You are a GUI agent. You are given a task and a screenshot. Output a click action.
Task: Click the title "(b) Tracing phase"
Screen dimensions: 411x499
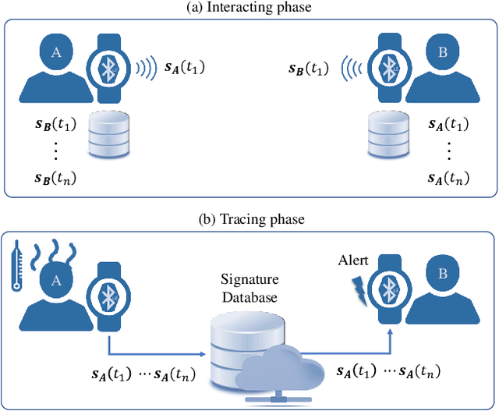coord(249,219)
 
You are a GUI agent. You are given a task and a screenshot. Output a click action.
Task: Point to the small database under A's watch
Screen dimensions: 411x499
coord(108,134)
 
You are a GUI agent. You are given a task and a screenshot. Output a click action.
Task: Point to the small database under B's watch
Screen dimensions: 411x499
coord(388,134)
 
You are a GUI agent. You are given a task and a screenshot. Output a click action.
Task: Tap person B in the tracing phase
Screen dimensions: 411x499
coord(443,288)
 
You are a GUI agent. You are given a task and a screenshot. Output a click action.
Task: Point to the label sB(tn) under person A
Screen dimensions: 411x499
coord(55,179)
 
